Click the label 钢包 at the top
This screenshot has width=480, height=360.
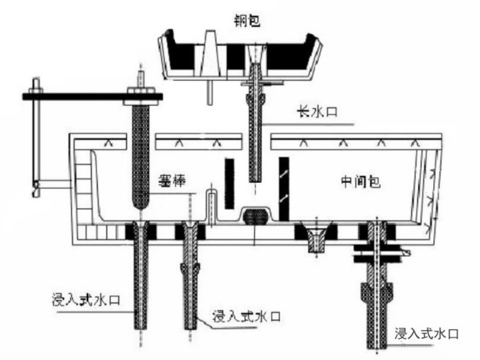(x=247, y=21)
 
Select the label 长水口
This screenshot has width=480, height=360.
(x=317, y=112)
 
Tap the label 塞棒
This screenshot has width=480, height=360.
(x=172, y=181)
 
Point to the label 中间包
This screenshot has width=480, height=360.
(x=361, y=182)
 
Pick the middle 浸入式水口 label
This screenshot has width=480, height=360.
(x=247, y=316)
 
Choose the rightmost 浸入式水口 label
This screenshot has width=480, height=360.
(x=427, y=334)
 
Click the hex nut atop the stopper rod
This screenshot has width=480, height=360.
(x=141, y=91)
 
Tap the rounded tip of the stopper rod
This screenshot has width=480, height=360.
(x=141, y=203)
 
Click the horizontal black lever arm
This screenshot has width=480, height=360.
(x=92, y=97)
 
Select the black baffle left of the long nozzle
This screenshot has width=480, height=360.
(x=229, y=184)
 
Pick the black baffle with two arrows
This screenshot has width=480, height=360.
(x=284, y=189)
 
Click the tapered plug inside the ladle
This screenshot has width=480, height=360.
(x=211, y=53)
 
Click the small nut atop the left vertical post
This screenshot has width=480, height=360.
(x=36, y=90)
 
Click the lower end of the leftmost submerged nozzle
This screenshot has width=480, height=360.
(x=141, y=328)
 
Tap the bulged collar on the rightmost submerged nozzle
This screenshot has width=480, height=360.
(x=377, y=292)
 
